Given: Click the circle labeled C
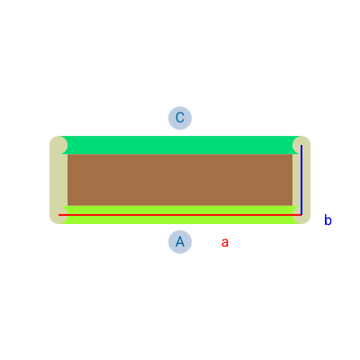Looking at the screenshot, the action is [x=180, y=118].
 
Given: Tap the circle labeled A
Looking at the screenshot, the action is [x=180, y=242].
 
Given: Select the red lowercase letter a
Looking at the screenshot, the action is [x=225, y=242].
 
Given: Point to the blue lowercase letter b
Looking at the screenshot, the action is [x=328, y=220].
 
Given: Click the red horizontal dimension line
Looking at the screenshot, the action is [x=180, y=215].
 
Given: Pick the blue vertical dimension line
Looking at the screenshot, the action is [x=301, y=180].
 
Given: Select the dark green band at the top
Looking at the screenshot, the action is [x=180, y=145].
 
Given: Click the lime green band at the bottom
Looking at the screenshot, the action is [x=180, y=215].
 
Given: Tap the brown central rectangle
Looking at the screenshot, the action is [x=180, y=180].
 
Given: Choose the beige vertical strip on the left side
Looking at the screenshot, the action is [x=58, y=180].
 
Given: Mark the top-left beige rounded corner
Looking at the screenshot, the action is [x=58, y=145].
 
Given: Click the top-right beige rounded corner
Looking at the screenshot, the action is [x=301, y=145].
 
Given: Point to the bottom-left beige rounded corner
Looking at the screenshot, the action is [x=58, y=215].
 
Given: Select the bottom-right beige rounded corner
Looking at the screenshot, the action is [x=301, y=215].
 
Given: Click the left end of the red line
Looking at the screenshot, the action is [x=58, y=215].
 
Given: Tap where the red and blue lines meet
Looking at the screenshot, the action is [x=301, y=215].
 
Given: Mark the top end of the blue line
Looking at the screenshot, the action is [x=301, y=146].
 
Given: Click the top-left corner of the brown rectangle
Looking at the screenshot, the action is [x=67, y=154].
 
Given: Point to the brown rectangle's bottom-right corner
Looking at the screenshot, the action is [x=292, y=206].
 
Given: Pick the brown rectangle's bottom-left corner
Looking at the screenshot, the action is [x=67, y=206].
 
